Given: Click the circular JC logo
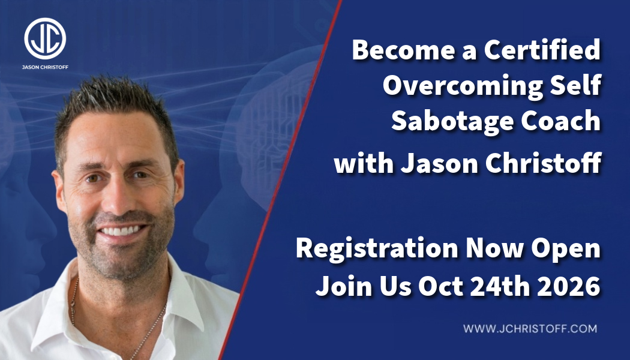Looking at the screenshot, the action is (x=45, y=38).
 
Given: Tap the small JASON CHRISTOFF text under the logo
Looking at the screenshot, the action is (x=45, y=67).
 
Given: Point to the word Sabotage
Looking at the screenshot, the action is (x=452, y=121).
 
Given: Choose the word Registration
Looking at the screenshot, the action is (x=377, y=248).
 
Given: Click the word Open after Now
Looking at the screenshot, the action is (x=566, y=249).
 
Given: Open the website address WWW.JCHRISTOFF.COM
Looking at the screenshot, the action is (x=530, y=329).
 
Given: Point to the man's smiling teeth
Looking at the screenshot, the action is (x=121, y=231).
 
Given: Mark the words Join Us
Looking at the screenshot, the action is (x=364, y=286).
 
